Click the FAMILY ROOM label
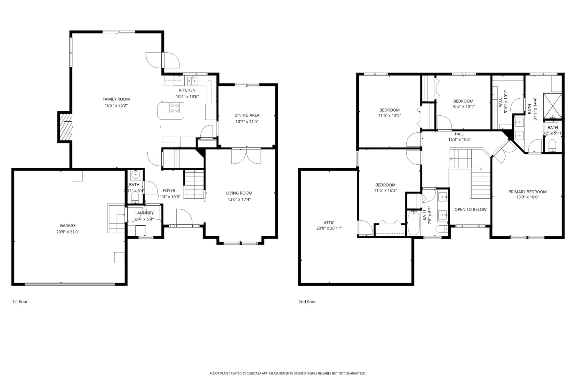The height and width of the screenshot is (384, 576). pyautogui.click(x=116, y=99)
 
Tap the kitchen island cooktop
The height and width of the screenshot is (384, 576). pyautogui.click(x=174, y=108)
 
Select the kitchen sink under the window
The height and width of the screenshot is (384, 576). pyautogui.click(x=192, y=80)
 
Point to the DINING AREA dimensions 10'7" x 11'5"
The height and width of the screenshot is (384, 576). pyautogui.click(x=247, y=122)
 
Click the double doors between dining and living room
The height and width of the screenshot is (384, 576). pyautogui.click(x=246, y=157)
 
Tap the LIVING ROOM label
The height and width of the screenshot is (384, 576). pyautogui.click(x=239, y=193)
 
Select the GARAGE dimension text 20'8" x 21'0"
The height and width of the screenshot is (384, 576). pyautogui.click(x=68, y=232)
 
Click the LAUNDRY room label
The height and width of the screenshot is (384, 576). pyautogui.click(x=144, y=213)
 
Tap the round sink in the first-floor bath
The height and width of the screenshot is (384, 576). pyautogui.click(x=136, y=175)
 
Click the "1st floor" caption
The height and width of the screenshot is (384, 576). pyautogui.click(x=20, y=301)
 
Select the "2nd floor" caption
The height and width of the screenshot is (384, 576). pyautogui.click(x=307, y=302)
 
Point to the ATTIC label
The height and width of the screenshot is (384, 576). pyautogui.click(x=329, y=223)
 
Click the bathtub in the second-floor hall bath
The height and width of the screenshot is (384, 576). pyautogui.click(x=413, y=223)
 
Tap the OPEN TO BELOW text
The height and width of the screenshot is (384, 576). pyautogui.click(x=470, y=210)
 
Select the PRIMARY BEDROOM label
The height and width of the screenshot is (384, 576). pyautogui.click(x=527, y=192)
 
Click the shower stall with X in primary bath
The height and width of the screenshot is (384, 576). pyautogui.click(x=553, y=106)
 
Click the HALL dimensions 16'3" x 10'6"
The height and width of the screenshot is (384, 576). pyautogui.click(x=460, y=140)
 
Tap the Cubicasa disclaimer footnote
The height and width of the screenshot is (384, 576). pyautogui.click(x=288, y=373)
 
